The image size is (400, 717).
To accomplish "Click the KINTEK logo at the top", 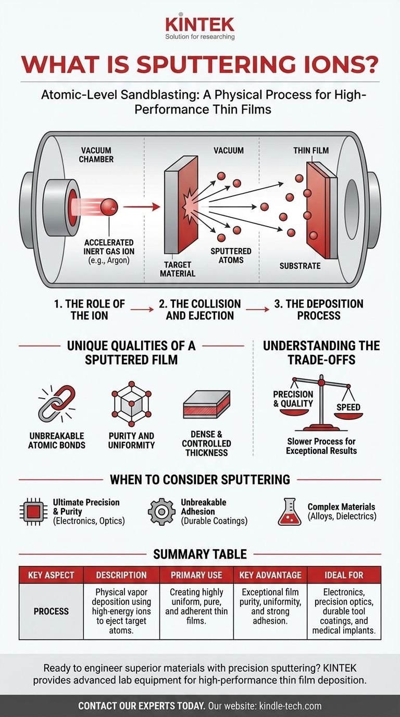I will pyautogui.click(x=199, y=24).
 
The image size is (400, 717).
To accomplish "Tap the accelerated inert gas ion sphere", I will pyautogui.click(x=109, y=207).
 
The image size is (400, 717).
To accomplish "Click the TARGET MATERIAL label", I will pyautogui.click(x=178, y=269).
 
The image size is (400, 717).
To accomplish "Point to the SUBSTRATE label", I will pyautogui.click(x=299, y=266).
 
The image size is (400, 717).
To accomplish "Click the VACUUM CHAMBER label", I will pyautogui.click(x=96, y=155).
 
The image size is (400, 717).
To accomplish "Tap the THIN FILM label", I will pyautogui.click(x=311, y=151).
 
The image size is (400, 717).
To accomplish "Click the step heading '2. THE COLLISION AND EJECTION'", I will pyautogui.click(x=201, y=310).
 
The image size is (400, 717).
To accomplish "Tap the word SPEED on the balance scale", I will pyautogui.click(x=348, y=407).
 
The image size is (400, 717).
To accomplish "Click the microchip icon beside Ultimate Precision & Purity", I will pyautogui.click(x=33, y=512).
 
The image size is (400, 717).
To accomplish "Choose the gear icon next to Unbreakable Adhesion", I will pyautogui.click(x=161, y=512).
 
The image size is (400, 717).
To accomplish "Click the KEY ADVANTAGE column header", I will pyautogui.click(x=270, y=575).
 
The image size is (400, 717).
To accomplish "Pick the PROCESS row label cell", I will pyautogui.click(x=51, y=611).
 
